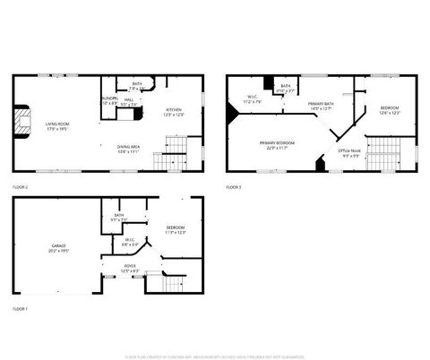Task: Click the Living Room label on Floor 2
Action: pos(58,125)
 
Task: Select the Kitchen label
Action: pos(174,112)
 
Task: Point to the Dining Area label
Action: pos(128,149)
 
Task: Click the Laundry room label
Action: pos(109,100)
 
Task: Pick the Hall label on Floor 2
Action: pos(129,102)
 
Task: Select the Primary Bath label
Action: pos(322,107)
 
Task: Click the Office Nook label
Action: pos(349,152)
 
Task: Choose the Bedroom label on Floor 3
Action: pos(390,110)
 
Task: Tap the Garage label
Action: pos(58,248)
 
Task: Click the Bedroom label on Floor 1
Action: pos(176,230)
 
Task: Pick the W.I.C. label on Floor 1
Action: pos(130,242)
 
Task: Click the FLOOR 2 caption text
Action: pos(20,186)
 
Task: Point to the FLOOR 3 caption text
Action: pos(233,186)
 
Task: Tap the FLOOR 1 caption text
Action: pos(20,308)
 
